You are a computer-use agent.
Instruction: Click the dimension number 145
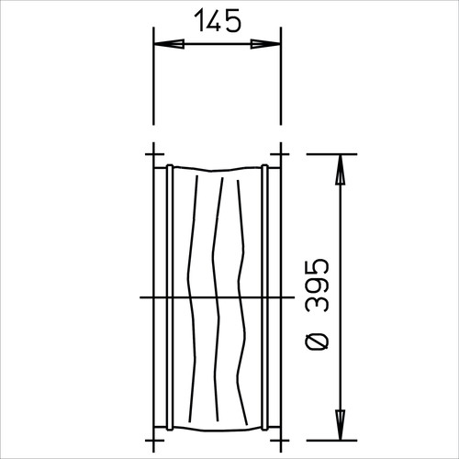tap(218, 20)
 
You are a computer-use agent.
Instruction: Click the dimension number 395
tap(318, 285)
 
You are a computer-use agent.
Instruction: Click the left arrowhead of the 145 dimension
tap(169, 44)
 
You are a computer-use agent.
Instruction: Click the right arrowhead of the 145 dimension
tap(265, 44)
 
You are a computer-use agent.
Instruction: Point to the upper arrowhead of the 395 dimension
tap(340, 170)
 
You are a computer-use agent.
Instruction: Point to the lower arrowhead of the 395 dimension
tap(340, 425)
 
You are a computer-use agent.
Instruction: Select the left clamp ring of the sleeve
tap(170, 297)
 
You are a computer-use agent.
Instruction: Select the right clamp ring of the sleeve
tap(264, 297)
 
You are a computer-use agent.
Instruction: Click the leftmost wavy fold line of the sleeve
tap(192, 298)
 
